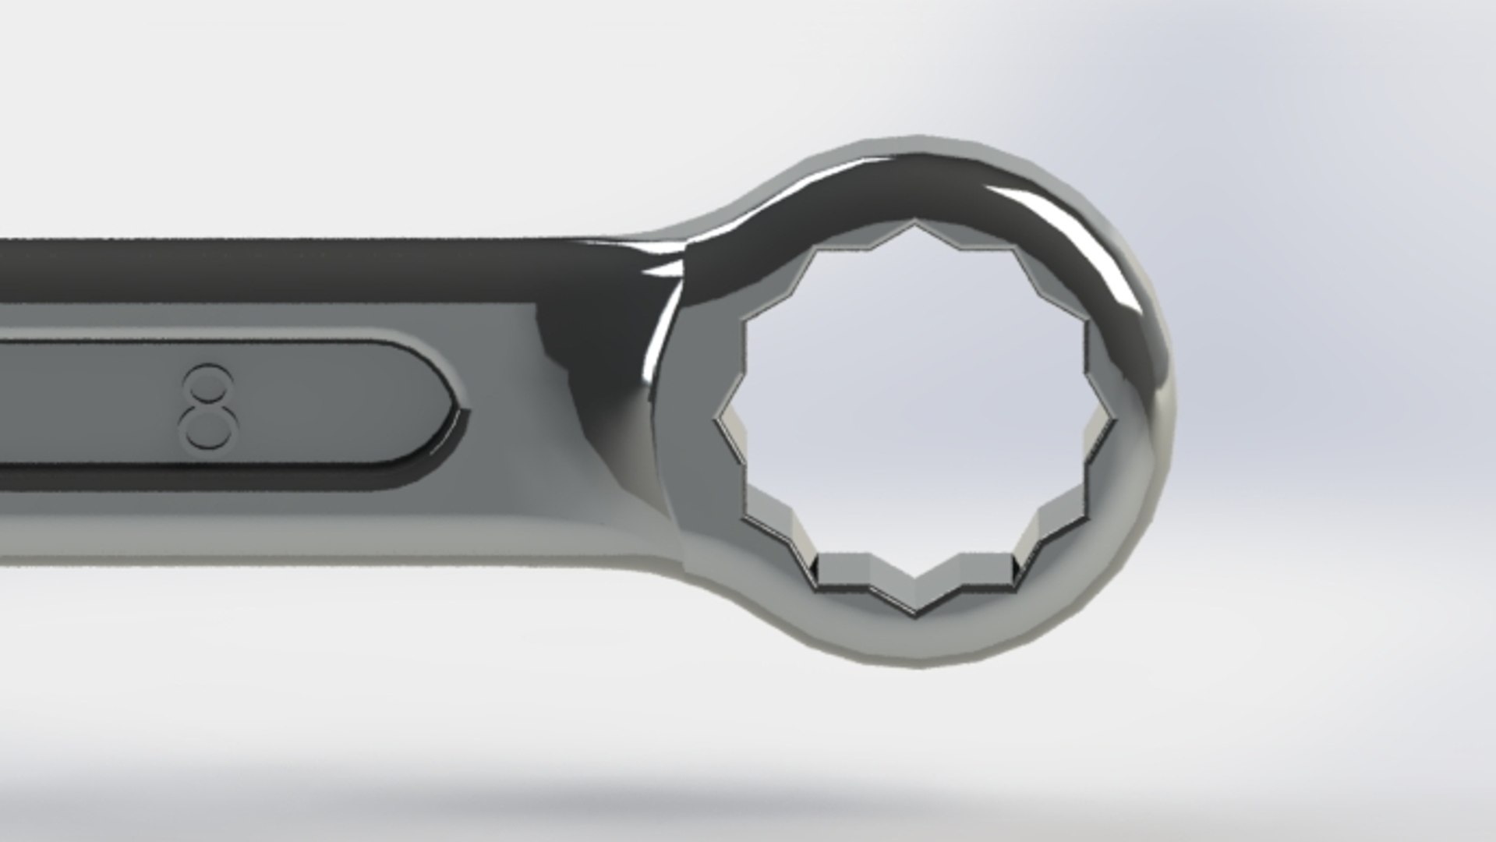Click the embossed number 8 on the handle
[207, 406]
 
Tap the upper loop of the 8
[208, 384]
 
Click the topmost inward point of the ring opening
[915, 226]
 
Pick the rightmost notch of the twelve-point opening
[1112, 421]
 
